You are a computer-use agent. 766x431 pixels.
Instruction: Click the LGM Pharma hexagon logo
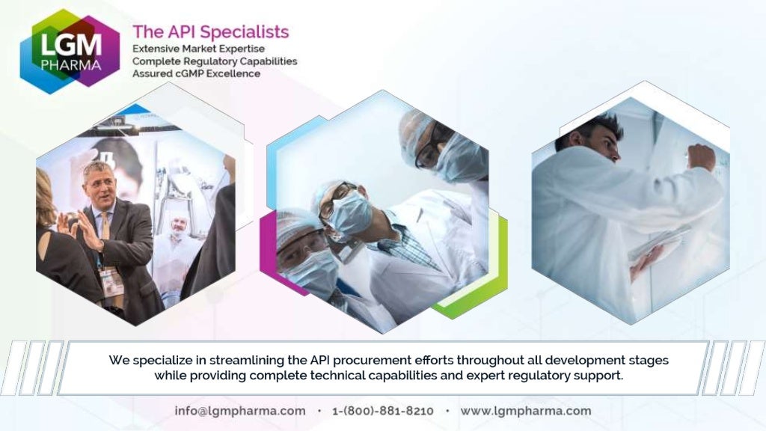coord(70,51)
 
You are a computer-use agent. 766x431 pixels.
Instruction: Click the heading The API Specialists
coord(210,32)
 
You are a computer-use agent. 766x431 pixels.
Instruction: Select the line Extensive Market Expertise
coord(197,48)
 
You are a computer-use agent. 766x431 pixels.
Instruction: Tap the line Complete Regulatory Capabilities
coord(215,61)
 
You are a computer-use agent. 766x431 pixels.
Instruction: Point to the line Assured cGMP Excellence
coord(196,73)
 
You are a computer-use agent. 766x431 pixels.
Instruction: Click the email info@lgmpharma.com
coord(240,411)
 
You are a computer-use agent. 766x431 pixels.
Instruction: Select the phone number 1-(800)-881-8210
coord(383,411)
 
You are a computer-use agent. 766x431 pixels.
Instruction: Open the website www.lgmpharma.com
coord(525,411)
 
